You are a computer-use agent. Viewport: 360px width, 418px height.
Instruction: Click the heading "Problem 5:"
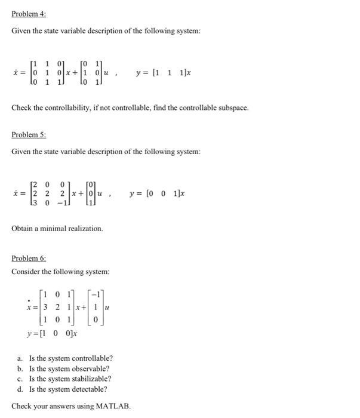coord(29,135)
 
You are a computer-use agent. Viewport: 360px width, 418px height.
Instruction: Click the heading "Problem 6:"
coord(29,259)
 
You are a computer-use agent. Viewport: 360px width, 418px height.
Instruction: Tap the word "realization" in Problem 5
coord(85,229)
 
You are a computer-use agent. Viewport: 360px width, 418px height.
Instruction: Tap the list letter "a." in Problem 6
coord(20,358)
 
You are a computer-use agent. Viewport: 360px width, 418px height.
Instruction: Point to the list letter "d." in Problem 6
coord(20,389)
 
